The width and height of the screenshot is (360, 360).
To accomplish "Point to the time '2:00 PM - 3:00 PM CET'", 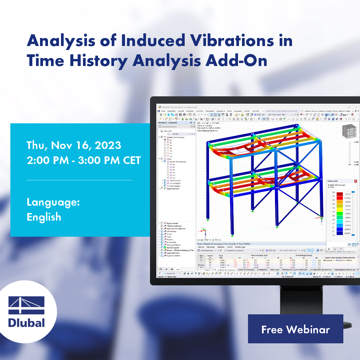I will [84, 160].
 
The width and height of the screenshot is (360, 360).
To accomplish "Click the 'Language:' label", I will [53, 202].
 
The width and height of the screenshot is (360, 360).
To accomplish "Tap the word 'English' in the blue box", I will [44, 217].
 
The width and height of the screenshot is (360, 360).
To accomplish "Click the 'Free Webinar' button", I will [295, 329].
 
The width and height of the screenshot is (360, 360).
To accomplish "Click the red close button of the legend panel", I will [355, 181].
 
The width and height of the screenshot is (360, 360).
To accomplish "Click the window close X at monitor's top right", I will [357, 107].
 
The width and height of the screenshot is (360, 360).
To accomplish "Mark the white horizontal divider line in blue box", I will [79, 180].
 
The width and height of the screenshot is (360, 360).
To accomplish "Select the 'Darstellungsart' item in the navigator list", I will [173, 248].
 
